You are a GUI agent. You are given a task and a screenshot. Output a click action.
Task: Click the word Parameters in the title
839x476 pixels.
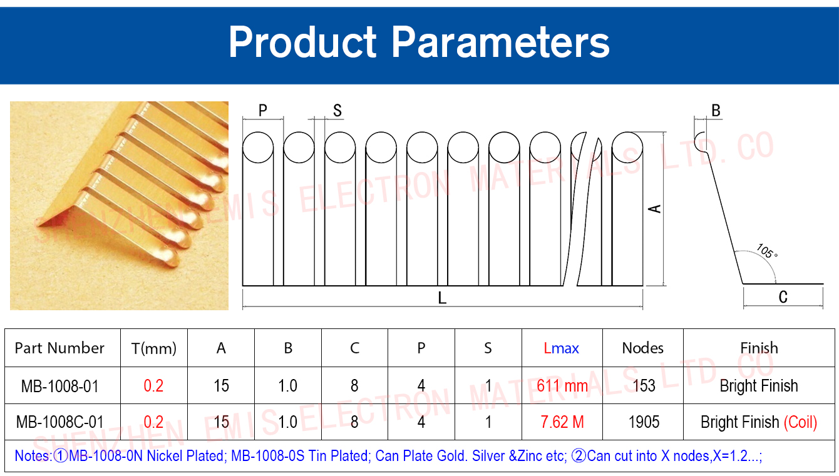(500, 43)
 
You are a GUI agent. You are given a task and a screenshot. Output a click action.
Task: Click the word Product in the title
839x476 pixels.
(302, 43)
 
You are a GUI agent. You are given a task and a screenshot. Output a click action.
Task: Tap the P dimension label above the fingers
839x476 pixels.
(262, 110)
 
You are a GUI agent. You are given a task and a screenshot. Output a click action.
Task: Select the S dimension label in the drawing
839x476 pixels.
(337, 111)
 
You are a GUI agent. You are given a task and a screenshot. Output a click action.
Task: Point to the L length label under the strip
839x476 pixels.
(442, 298)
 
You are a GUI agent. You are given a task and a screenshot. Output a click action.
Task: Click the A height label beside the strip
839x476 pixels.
(655, 209)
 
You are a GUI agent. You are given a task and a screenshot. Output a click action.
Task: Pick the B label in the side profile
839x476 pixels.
(716, 111)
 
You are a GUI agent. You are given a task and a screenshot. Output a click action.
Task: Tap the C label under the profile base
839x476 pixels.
(783, 297)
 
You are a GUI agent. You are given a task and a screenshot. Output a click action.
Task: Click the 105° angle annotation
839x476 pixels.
(767, 251)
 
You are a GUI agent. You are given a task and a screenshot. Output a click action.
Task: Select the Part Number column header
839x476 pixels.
(59, 348)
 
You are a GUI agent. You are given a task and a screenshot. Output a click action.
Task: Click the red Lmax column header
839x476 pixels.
(561, 348)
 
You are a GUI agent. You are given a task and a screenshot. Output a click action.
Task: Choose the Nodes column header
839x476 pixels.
(643, 348)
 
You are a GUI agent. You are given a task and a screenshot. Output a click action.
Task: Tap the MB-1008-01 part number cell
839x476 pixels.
(60, 386)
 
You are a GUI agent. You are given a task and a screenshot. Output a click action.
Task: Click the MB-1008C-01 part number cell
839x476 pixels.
(60, 422)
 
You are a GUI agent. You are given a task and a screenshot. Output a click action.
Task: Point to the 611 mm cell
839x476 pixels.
(562, 386)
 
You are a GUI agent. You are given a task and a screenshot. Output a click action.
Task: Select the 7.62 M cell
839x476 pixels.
(562, 422)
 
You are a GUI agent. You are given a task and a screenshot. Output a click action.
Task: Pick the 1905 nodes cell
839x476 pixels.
(644, 422)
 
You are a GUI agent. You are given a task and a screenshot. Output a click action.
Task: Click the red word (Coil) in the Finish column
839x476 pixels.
(800, 422)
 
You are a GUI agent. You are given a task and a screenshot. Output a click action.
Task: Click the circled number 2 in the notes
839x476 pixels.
(579, 456)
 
